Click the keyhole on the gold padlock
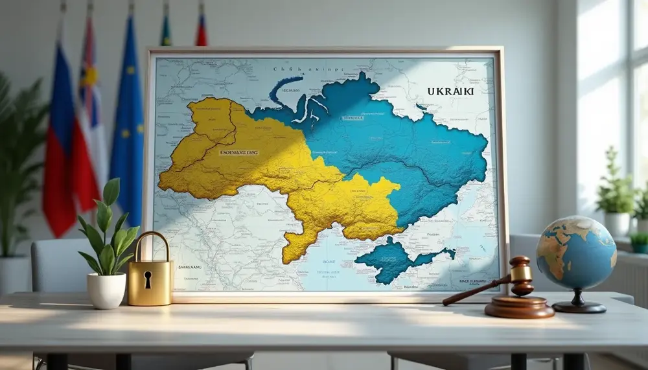[x=148, y=279]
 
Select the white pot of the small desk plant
[x=106, y=290]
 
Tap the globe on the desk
[x=576, y=253]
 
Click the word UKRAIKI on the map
[x=450, y=91]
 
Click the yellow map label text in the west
[x=238, y=152]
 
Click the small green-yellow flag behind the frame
[x=166, y=29]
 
